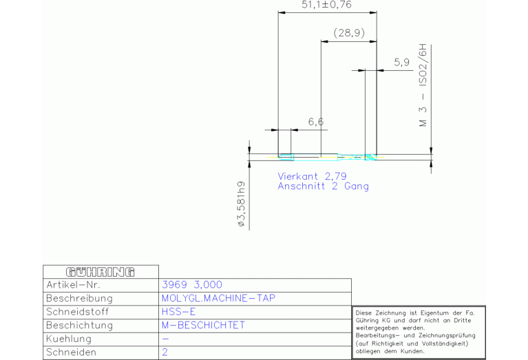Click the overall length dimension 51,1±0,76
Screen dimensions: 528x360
tap(326, 5)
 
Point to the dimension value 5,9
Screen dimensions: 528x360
tap(402, 63)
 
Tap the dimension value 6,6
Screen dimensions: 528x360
tap(316, 122)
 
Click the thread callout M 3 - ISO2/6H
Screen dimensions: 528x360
tap(423, 85)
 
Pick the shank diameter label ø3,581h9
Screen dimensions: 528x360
tap(242, 204)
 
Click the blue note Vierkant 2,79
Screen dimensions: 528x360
tap(312, 176)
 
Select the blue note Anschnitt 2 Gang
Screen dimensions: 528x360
tap(324, 187)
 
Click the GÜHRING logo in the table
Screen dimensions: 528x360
tap(101, 272)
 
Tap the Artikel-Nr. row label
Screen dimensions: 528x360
tap(73, 285)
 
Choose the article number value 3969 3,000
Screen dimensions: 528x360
tap(192, 285)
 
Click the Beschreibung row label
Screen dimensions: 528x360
tap(79, 298)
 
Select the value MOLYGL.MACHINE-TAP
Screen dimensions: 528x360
tap(218, 298)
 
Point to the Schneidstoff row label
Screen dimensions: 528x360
tap(78, 312)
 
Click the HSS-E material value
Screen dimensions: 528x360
tap(178, 312)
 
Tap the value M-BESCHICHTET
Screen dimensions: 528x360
tap(203, 326)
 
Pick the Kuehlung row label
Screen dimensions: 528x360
tap(69, 339)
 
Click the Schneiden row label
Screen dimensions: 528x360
tap(71, 352)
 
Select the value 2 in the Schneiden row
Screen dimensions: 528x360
tap(165, 352)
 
